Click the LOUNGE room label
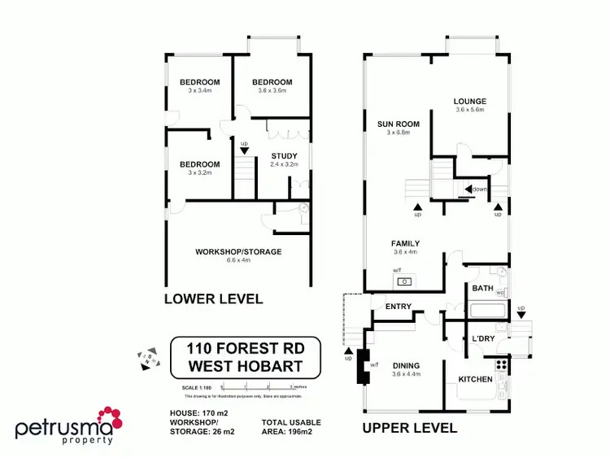(x=470, y=101)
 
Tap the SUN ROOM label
(x=398, y=124)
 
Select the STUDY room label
(x=284, y=155)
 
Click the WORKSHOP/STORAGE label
(x=238, y=252)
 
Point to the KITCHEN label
(x=475, y=380)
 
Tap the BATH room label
(x=482, y=289)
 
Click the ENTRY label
(x=399, y=307)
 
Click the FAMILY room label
(x=404, y=243)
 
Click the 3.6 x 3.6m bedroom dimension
(x=272, y=91)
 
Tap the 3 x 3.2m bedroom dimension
(x=199, y=172)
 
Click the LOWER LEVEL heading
(x=213, y=299)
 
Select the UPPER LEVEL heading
(x=410, y=428)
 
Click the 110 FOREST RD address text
(x=246, y=347)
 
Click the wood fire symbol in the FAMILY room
(x=403, y=281)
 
